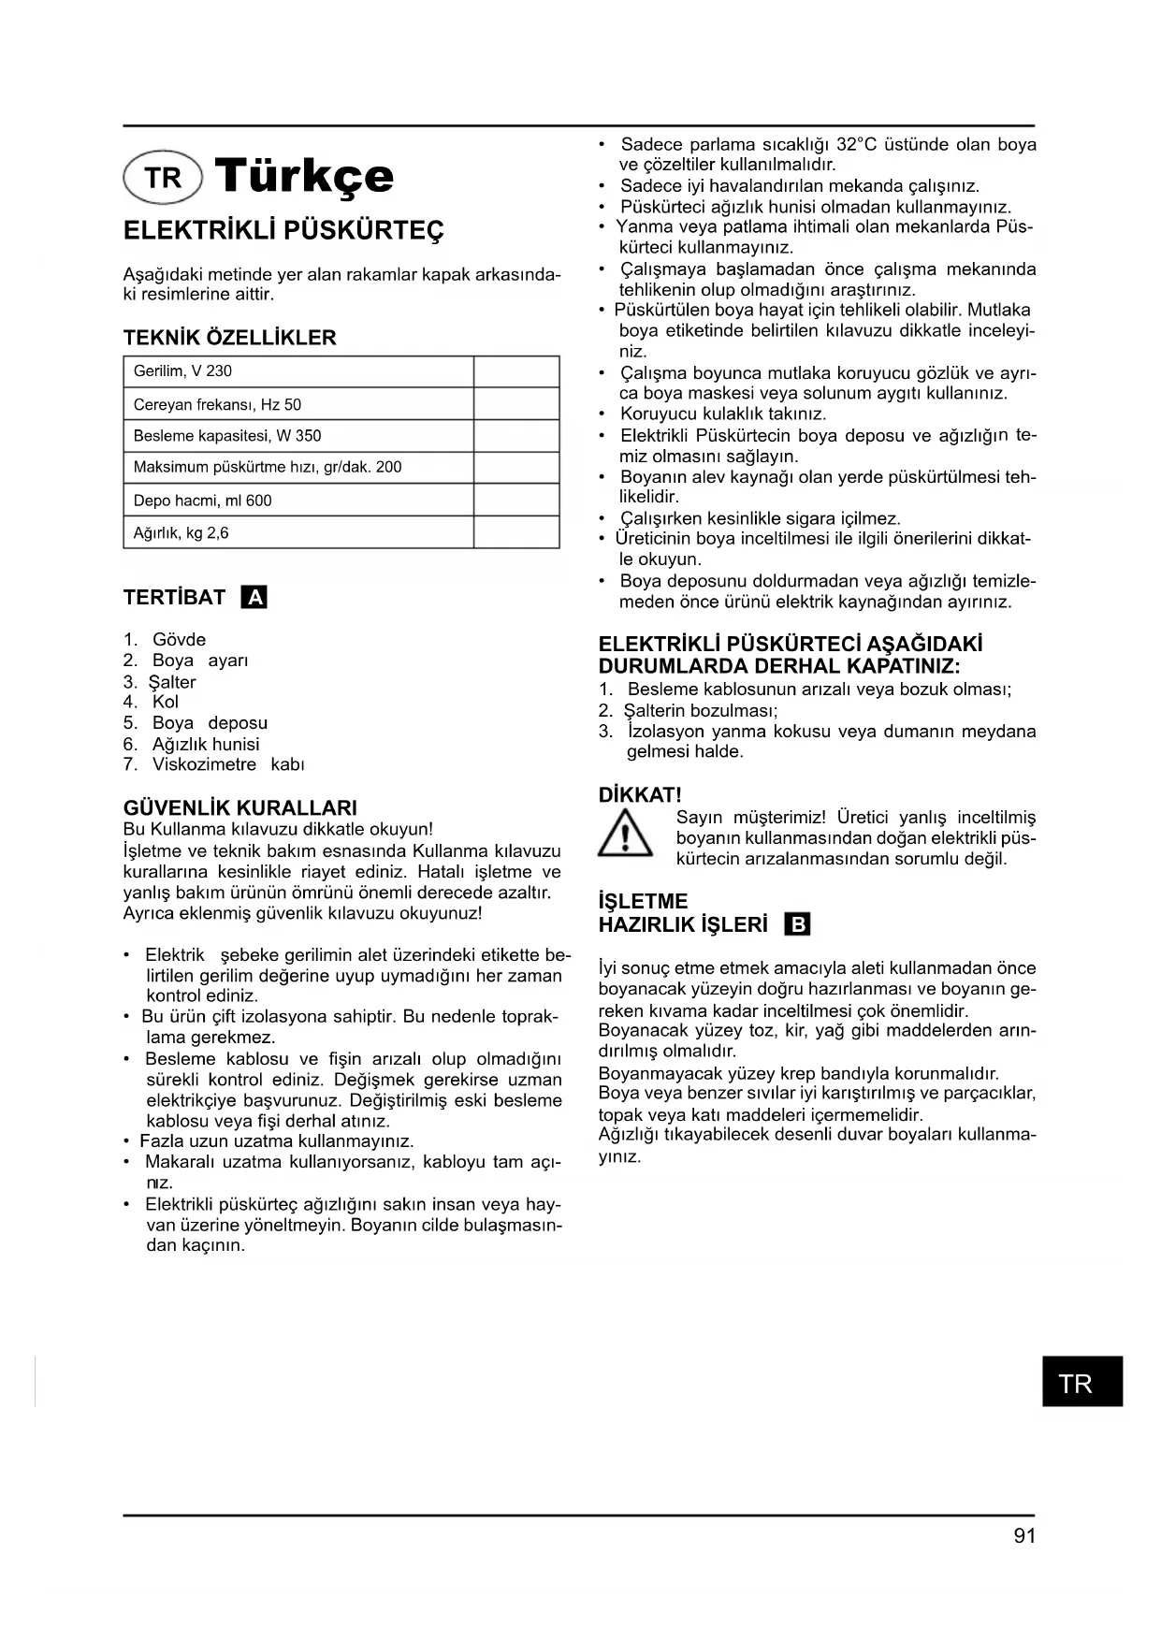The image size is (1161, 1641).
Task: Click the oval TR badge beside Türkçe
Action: pos(163,177)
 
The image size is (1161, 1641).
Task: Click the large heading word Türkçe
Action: pos(304,176)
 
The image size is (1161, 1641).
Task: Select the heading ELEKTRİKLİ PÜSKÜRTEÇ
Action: pos(283,230)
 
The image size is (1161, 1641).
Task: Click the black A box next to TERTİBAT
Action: pos(254,597)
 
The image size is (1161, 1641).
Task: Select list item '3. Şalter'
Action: pos(160,682)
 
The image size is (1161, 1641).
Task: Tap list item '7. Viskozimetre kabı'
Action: pos(214,764)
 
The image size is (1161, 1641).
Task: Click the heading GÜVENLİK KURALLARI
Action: pos(240,807)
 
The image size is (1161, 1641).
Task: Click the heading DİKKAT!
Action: pos(640,795)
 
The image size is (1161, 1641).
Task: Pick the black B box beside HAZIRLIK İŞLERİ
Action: pos(798,925)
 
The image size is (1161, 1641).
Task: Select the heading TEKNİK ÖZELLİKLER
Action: pos(230,338)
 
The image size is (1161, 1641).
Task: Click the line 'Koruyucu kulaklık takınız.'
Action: pos(723,414)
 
